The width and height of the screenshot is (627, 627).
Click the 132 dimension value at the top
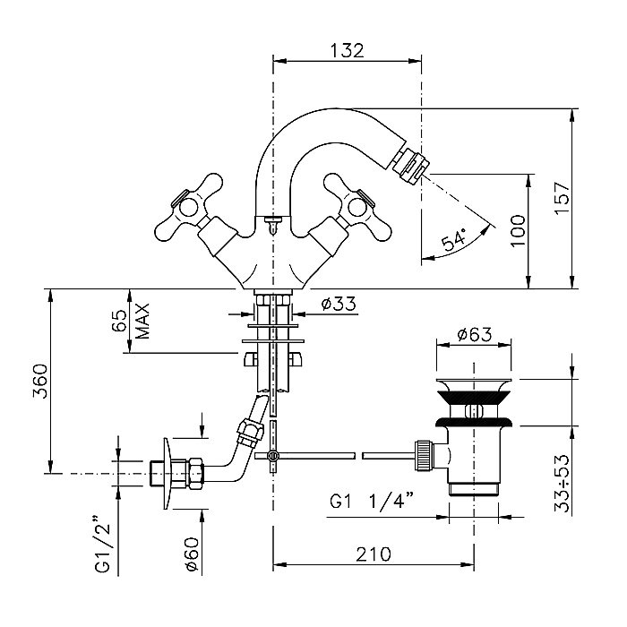pyautogui.click(x=347, y=50)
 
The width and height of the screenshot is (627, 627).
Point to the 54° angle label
pyautogui.click(x=455, y=240)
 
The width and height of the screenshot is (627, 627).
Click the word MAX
pyautogui.click(x=143, y=321)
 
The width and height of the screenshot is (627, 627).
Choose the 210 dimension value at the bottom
pyautogui.click(x=374, y=554)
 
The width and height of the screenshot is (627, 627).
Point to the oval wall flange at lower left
pyautogui.click(x=166, y=474)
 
